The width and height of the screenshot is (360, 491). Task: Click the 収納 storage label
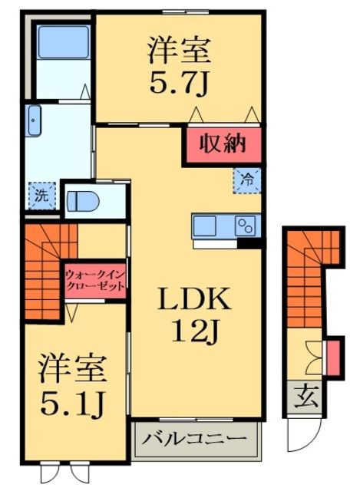pos(222,143)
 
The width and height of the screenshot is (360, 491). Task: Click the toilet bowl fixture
pos(81,201)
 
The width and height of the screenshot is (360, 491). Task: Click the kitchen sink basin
pos(206,226)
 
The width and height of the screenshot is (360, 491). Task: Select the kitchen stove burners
pos(246,226)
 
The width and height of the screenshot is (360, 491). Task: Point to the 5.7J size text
pos(179,77)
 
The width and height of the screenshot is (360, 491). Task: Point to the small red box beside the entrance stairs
pos(332,357)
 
